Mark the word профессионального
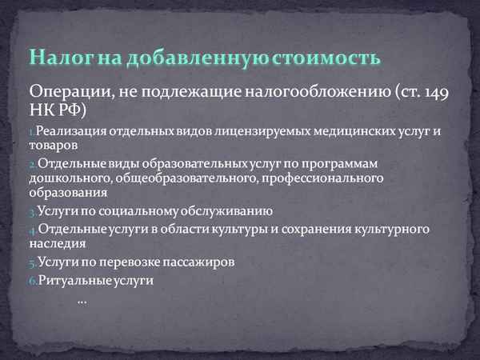tap(321, 178)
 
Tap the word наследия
tap(57, 244)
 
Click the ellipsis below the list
tap(82, 300)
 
